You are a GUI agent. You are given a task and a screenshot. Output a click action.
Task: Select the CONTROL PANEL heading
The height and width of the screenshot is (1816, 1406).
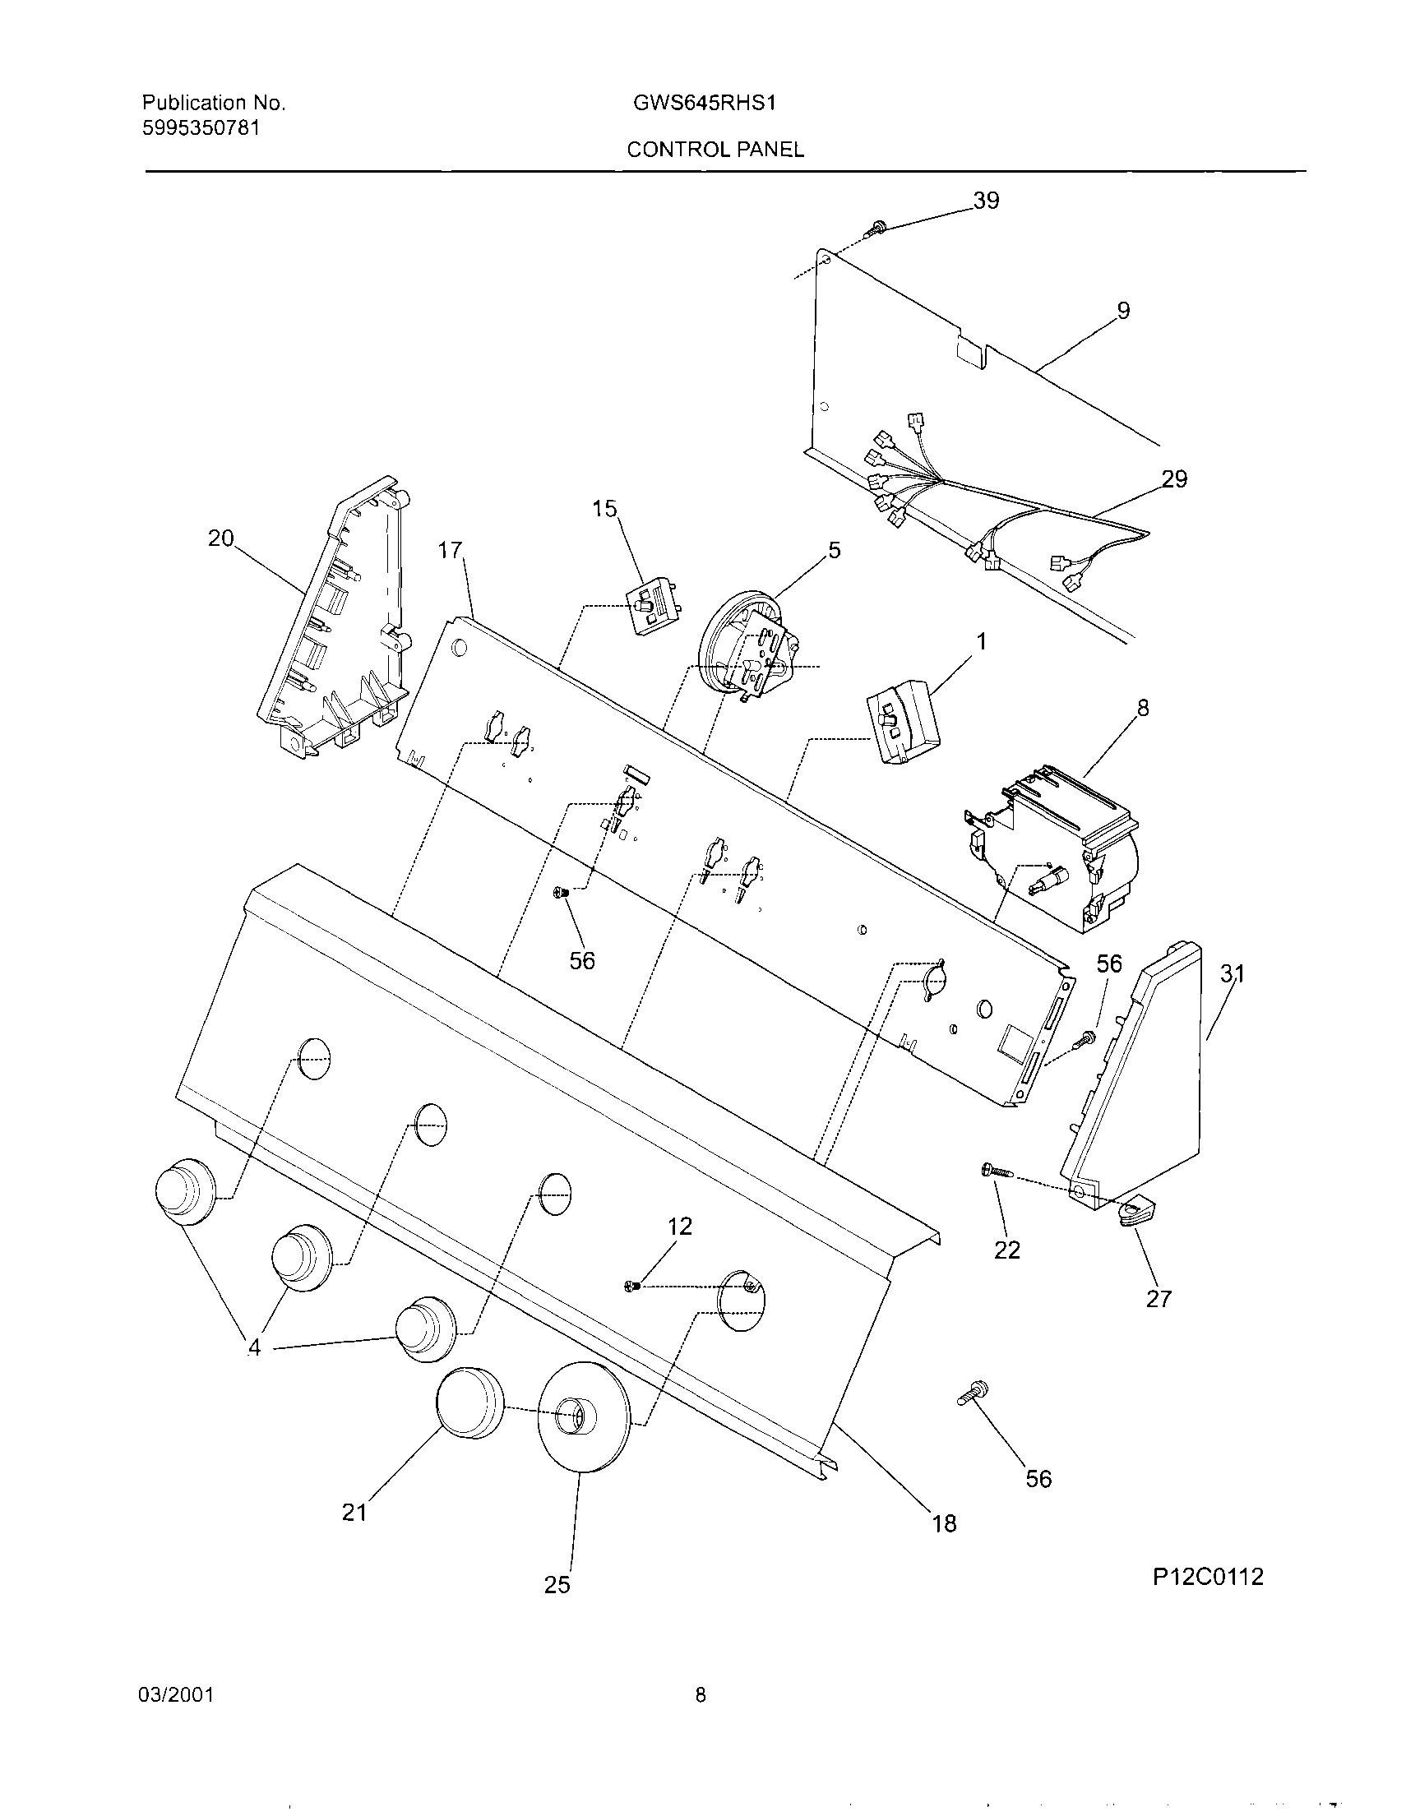click(x=715, y=150)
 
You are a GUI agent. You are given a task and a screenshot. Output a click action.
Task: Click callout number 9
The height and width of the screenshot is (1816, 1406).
click(x=1122, y=311)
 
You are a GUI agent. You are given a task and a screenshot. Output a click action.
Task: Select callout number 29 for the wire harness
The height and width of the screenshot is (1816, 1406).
click(x=1174, y=479)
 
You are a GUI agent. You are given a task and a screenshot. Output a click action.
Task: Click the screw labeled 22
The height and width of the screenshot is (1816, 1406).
click(x=995, y=1171)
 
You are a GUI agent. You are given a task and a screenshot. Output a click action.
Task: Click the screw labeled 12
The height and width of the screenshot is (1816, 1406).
click(x=631, y=1287)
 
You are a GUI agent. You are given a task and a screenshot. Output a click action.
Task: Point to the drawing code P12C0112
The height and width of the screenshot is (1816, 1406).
click(x=1207, y=1577)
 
